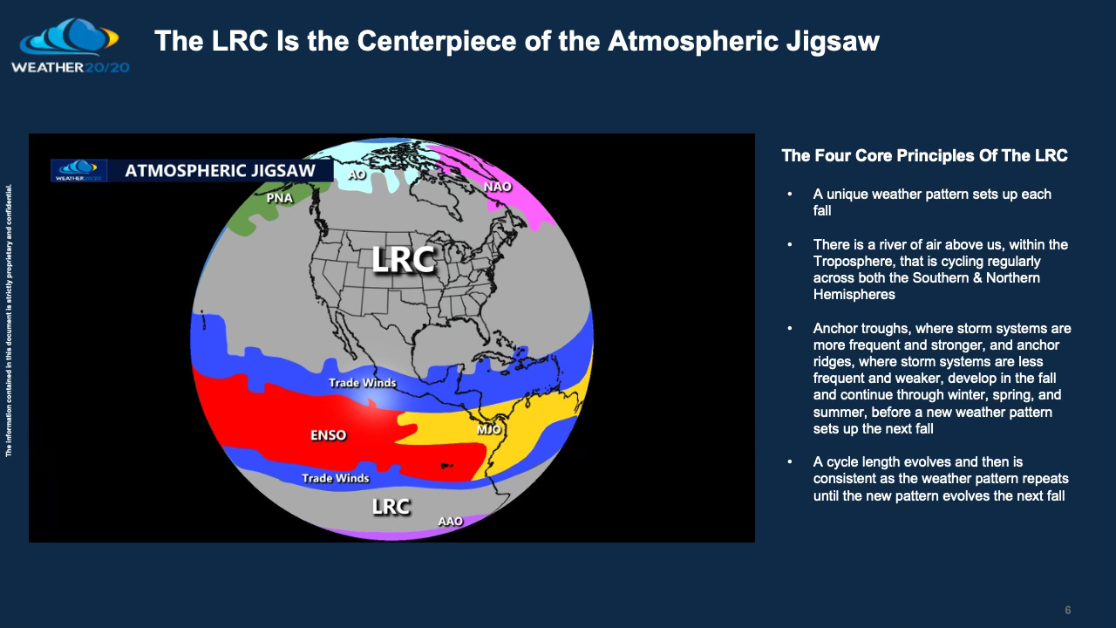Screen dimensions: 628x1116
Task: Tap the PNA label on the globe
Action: [x=279, y=198]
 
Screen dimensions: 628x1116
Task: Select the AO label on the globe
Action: [x=357, y=174]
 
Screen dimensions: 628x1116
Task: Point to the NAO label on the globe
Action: [x=497, y=187]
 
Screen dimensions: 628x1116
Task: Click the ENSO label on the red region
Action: [x=328, y=435]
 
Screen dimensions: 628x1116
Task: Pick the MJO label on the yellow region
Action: [x=489, y=429]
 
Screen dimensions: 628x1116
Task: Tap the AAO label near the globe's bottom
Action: [x=450, y=522]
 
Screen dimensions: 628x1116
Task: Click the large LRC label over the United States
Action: [x=402, y=259]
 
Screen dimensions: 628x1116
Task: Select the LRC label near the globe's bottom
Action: [x=391, y=506]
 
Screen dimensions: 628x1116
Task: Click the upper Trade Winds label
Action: [x=362, y=383]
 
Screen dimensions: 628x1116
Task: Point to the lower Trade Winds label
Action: [x=335, y=478]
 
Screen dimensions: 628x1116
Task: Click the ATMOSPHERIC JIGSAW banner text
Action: [x=220, y=171]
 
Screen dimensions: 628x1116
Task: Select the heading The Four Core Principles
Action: [x=924, y=156]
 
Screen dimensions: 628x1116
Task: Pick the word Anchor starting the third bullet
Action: [x=834, y=329]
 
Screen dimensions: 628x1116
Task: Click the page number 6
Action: [x=1067, y=610]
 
